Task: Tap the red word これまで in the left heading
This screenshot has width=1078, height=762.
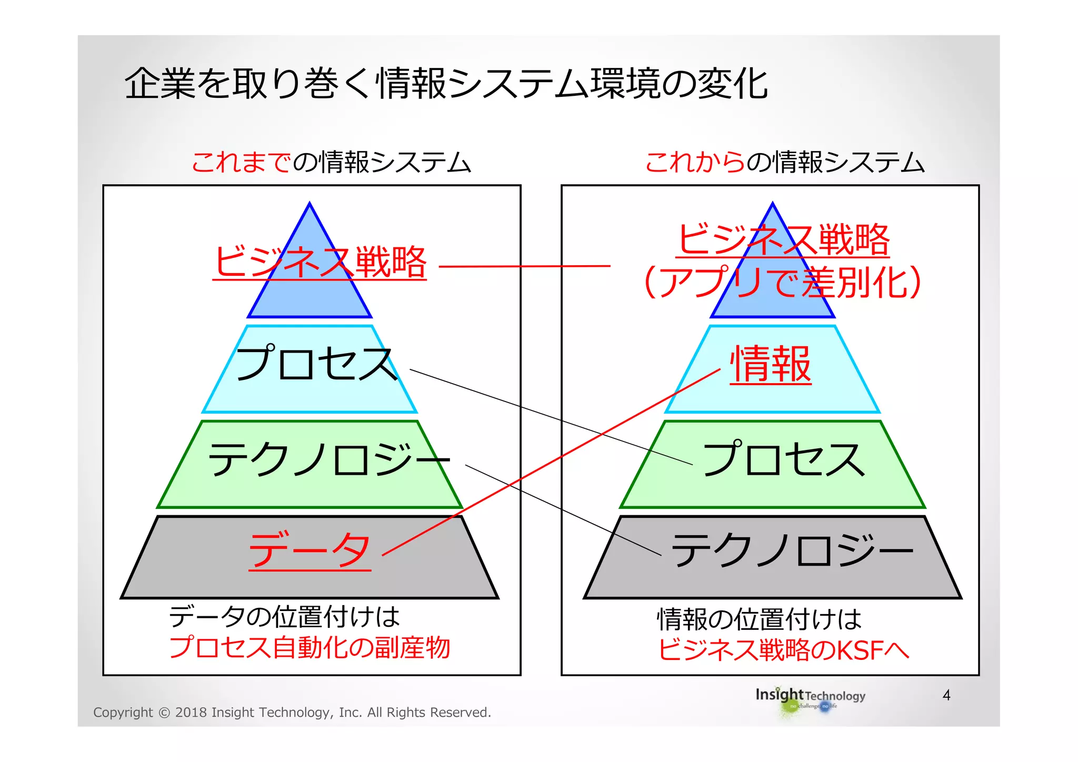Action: tap(241, 162)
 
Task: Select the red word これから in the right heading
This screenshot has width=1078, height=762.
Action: tap(695, 162)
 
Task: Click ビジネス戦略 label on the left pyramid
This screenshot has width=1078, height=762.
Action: tap(320, 262)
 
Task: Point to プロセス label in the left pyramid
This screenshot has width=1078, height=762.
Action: tap(316, 363)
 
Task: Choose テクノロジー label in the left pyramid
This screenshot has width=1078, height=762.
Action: tap(329, 459)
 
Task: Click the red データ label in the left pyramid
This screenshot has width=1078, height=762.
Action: tap(310, 550)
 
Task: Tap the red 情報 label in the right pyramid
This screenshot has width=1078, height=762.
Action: tap(771, 364)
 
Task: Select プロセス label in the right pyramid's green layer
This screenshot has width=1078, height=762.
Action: tap(784, 459)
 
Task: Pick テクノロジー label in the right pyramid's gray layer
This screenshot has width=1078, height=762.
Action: tap(792, 550)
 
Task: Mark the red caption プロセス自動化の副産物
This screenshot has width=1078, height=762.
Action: tap(310, 647)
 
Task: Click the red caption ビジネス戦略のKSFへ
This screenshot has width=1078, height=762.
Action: tap(783, 650)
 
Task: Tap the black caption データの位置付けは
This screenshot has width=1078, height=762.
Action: tap(284, 617)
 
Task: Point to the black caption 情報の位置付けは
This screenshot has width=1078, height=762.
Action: tap(759, 619)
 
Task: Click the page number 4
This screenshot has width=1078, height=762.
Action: tap(946, 695)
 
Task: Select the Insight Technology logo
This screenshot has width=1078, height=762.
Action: tap(810, 699)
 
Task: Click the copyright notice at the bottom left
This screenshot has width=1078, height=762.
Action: tap(292, 713)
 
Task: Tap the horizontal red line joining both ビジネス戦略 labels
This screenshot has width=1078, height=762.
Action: tap(524, 266)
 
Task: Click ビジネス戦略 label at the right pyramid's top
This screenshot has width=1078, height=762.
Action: tap(783, 239)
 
